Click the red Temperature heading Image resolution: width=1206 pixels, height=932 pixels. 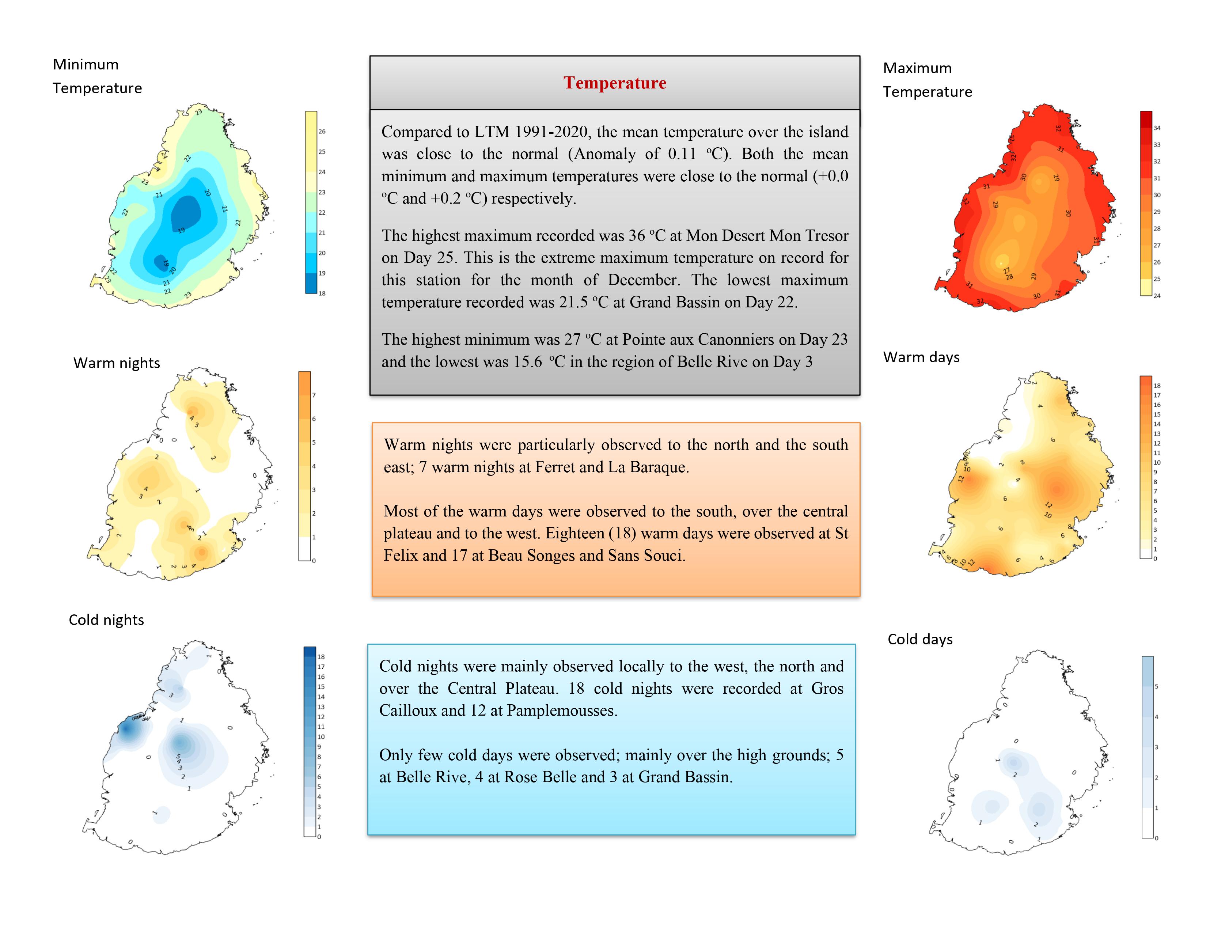pos(615,83)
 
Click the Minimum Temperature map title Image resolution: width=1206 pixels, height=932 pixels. pos(97,76)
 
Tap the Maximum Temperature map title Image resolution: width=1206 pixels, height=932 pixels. pos(927,80)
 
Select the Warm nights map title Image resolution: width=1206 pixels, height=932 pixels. pos(117,363)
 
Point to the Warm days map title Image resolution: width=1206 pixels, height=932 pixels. pos(921,357)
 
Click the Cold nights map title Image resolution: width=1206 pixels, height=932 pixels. pos(106,620)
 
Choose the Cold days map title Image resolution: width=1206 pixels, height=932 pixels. pos(920,639)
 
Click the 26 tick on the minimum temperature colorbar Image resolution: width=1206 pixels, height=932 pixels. pos(322,132)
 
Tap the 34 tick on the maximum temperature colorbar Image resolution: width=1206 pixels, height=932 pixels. pos(1157,128)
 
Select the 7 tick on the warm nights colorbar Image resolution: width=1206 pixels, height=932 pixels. pos(314,395)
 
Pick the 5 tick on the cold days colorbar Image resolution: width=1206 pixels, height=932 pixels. pos(1156,687)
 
